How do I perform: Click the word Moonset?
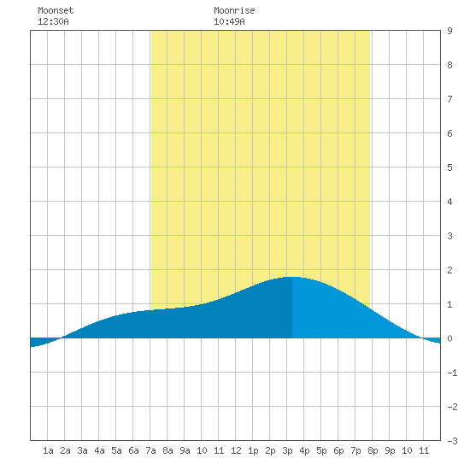56,10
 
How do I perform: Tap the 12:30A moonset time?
53,21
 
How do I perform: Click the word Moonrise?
234,10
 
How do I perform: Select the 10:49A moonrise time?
229,21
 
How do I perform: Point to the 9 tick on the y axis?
449,31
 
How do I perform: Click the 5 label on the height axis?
449,167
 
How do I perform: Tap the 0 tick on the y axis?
449,338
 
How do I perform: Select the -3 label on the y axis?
452,441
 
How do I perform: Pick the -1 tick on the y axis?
452,373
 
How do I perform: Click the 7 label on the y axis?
449,99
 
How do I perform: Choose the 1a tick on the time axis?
48,450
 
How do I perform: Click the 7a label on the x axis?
150,450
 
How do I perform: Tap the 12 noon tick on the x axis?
236,450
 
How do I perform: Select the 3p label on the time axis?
287,450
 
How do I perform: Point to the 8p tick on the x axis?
373,450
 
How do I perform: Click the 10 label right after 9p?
407,450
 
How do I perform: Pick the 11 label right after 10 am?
219,450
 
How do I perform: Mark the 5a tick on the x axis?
116,450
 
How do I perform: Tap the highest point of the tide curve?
292,277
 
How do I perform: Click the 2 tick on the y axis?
449,270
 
